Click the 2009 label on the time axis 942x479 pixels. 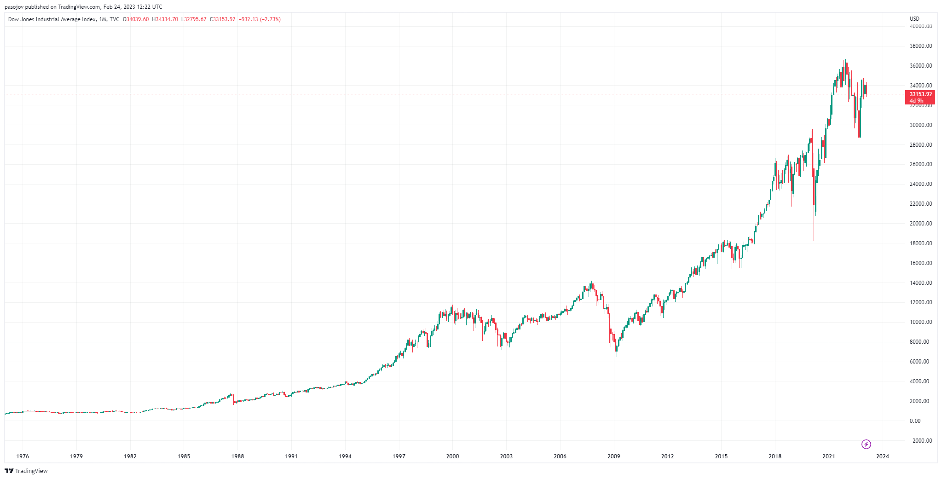[x=613, y=456]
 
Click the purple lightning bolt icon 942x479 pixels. [x=866, y=444]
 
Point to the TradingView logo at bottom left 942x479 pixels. [x=26, y=471]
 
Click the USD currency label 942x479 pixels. [x=914, y=19]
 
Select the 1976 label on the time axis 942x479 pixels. [x=23, y=456]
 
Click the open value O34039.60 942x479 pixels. [x=136, y=19]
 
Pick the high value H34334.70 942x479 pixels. [x=165, y=19]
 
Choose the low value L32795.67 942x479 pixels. [x=194, y=19]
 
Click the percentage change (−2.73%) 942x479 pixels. [x=270, y=19]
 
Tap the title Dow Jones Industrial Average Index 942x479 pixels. [x=52, y=19]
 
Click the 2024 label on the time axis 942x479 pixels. [x=882, y=456]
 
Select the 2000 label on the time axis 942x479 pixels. [x=452, y=456]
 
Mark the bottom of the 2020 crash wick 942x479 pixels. [x=814, y=240]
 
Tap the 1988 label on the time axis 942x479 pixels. [x=237, y=456]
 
